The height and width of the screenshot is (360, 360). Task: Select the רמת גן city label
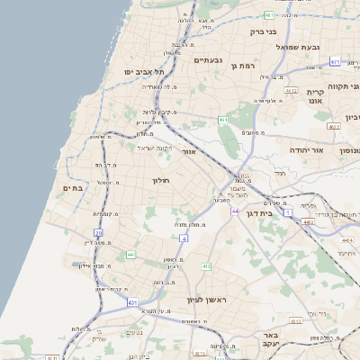pos(244,66)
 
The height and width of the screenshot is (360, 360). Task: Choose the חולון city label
pos(160,181)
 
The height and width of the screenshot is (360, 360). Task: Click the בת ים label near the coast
pos(73,187)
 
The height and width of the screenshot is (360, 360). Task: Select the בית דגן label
pos(258,213)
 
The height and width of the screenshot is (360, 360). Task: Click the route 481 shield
pos(270,15)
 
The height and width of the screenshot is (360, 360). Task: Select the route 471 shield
pos(335,62)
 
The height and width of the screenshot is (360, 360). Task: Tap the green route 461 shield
pos(222,120)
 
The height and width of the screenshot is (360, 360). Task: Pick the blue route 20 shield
pos(98,233)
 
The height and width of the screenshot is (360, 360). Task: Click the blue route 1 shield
pos(288,213)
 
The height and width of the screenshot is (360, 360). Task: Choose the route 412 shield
pos(206,266)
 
